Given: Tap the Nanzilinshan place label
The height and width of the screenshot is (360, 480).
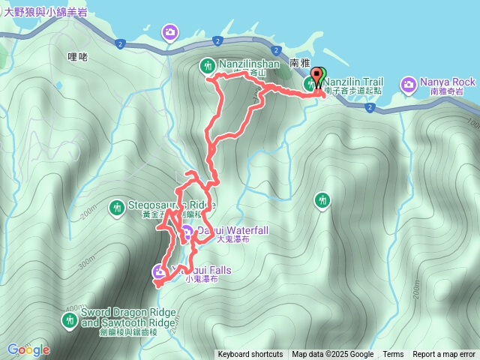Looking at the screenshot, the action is click(x=249, y=64).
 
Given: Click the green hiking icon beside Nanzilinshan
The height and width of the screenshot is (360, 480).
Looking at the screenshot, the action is click(x=208, y=67).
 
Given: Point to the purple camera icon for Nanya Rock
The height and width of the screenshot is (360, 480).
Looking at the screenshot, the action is click(x=409, y=82).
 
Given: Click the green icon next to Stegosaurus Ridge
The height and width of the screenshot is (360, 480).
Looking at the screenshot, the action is click(x=117, y=206).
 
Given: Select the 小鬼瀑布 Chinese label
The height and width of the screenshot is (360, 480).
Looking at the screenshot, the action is click(x=202, y=279).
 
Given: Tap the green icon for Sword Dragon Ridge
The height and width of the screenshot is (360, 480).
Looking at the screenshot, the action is click(x=69, y=320).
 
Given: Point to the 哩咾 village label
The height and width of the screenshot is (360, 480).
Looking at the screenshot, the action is click(x=77, y=56).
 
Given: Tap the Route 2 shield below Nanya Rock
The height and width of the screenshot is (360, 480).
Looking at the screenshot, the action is click(x=370, y=107).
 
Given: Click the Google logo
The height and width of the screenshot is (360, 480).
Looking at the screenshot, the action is click(x=28, y=349).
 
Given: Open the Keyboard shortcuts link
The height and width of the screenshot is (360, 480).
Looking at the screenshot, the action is click(x=250, y=355).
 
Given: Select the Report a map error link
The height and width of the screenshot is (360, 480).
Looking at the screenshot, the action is click(x=444, y=355).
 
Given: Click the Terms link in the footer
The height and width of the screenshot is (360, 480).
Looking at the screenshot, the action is click(x=393, y=355).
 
